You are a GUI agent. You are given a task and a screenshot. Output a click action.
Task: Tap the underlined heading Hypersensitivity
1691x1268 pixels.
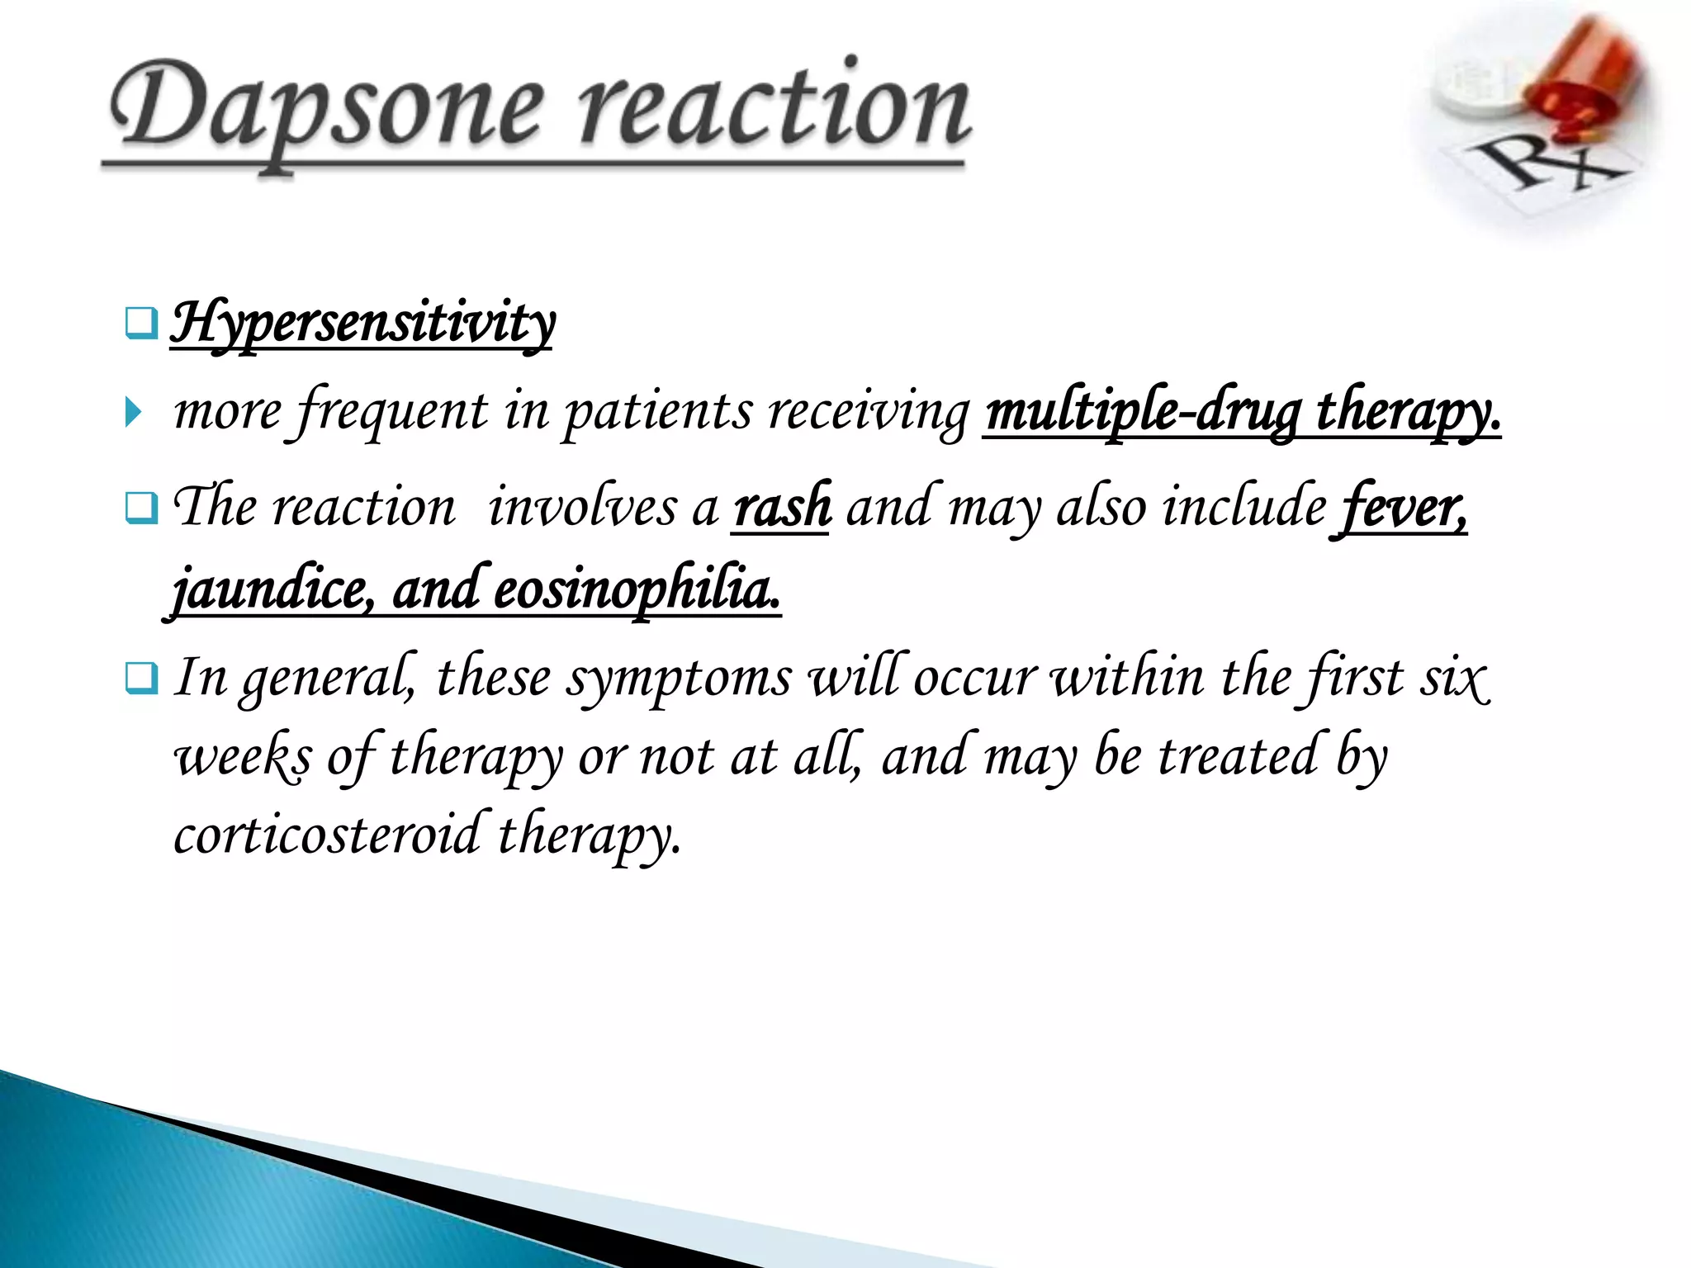362,324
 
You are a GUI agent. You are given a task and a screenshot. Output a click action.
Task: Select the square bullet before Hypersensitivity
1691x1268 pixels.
140,323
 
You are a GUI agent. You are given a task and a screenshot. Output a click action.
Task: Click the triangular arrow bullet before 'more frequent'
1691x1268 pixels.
133,411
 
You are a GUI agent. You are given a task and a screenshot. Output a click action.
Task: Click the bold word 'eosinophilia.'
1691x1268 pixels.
636,589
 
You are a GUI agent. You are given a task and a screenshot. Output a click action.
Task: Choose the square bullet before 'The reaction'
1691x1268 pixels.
140,507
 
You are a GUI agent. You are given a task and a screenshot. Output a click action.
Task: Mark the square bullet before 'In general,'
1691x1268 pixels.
140,679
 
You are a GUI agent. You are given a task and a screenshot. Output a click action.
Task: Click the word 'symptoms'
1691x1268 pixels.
678,679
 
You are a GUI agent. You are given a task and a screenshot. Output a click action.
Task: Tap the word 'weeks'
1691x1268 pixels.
243,756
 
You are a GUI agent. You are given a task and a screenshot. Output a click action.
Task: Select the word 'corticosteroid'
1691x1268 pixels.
327,834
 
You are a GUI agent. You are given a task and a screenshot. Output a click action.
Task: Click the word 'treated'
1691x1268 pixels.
1237,756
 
